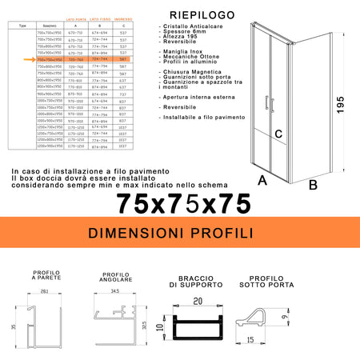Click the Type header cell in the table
click(22, 25)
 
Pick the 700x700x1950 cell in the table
click(49, 31)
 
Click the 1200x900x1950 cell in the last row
click(49, 146)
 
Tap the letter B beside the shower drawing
click(313, 186)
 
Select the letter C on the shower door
click(278, 134)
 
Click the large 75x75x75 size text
click(183, 204)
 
